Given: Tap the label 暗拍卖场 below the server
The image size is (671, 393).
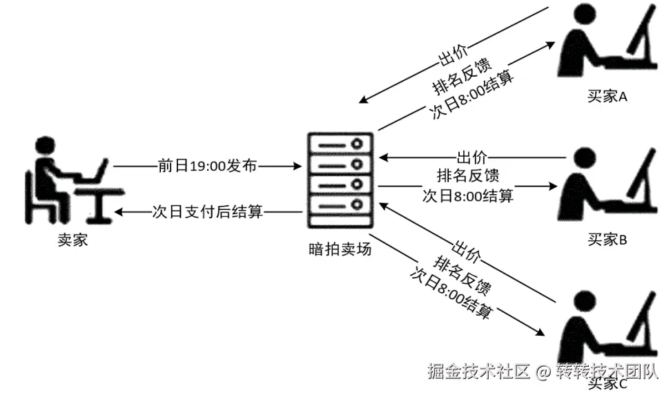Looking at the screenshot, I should pos(340,249).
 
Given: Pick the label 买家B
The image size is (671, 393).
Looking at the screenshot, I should pos(607,240).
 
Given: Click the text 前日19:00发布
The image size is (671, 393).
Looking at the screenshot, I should pos(207,166).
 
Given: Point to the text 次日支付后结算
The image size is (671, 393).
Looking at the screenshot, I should pos(207,212).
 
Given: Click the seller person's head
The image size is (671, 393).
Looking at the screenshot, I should pos(46,148).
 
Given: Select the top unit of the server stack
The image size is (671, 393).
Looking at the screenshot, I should pos(340,144).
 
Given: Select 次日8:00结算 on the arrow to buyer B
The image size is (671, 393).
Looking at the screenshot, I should pos(468,195).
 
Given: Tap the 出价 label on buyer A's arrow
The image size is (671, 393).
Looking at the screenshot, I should pos(452,55).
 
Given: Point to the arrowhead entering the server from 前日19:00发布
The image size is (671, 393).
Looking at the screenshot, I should pos(299,166).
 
